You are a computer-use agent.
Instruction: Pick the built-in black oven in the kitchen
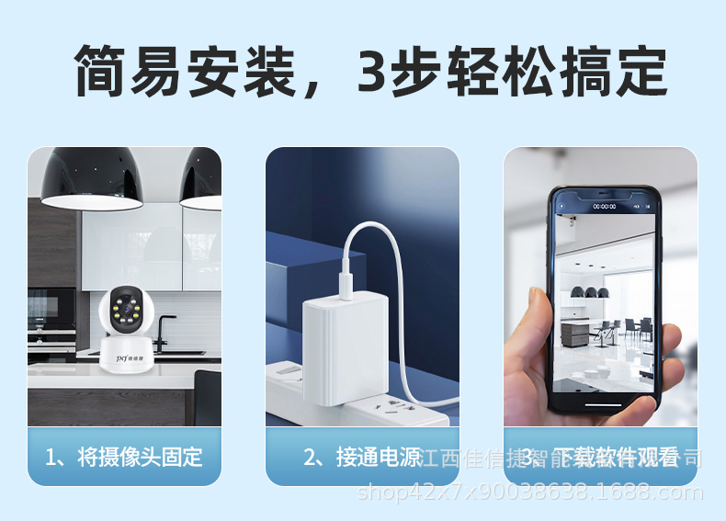pos(51,312)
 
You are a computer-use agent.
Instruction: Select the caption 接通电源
pos(362,457)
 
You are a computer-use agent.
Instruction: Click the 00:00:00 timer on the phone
pos(604,207)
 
